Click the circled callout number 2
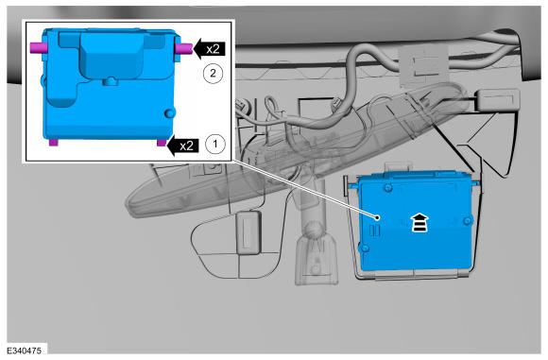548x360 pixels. (213, 74)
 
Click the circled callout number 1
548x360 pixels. (214, 144)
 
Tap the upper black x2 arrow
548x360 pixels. (210, 48)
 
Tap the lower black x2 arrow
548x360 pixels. (182, 146)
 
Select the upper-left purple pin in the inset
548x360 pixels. (37, 47)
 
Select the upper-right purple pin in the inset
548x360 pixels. (184, 48)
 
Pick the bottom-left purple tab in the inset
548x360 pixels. (54, 143)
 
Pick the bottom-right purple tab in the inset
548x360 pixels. (162, 143)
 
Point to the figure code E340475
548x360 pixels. (25, 351)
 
